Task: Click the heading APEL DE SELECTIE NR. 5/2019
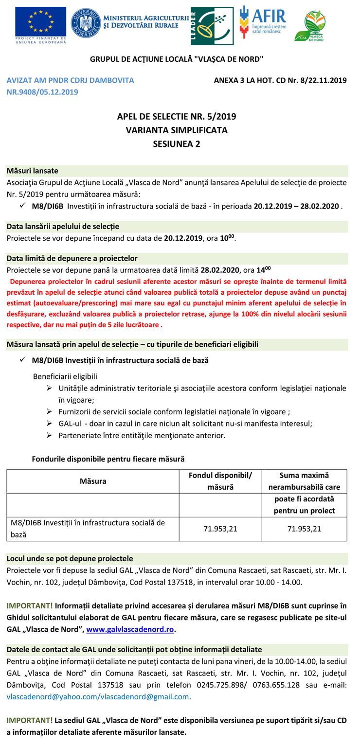coord(177,116)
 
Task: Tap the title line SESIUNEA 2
coord(177,143)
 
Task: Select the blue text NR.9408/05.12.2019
coord(42,91)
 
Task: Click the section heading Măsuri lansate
coord(32,171)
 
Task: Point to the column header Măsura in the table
coord(93,481)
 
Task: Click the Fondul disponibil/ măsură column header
coord(220,481)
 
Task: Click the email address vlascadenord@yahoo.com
coord(46,696)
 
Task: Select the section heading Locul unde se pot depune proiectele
coord(70,558)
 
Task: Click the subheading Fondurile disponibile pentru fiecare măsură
coord(108,459)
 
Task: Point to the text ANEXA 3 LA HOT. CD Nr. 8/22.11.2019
coord(280,80)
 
